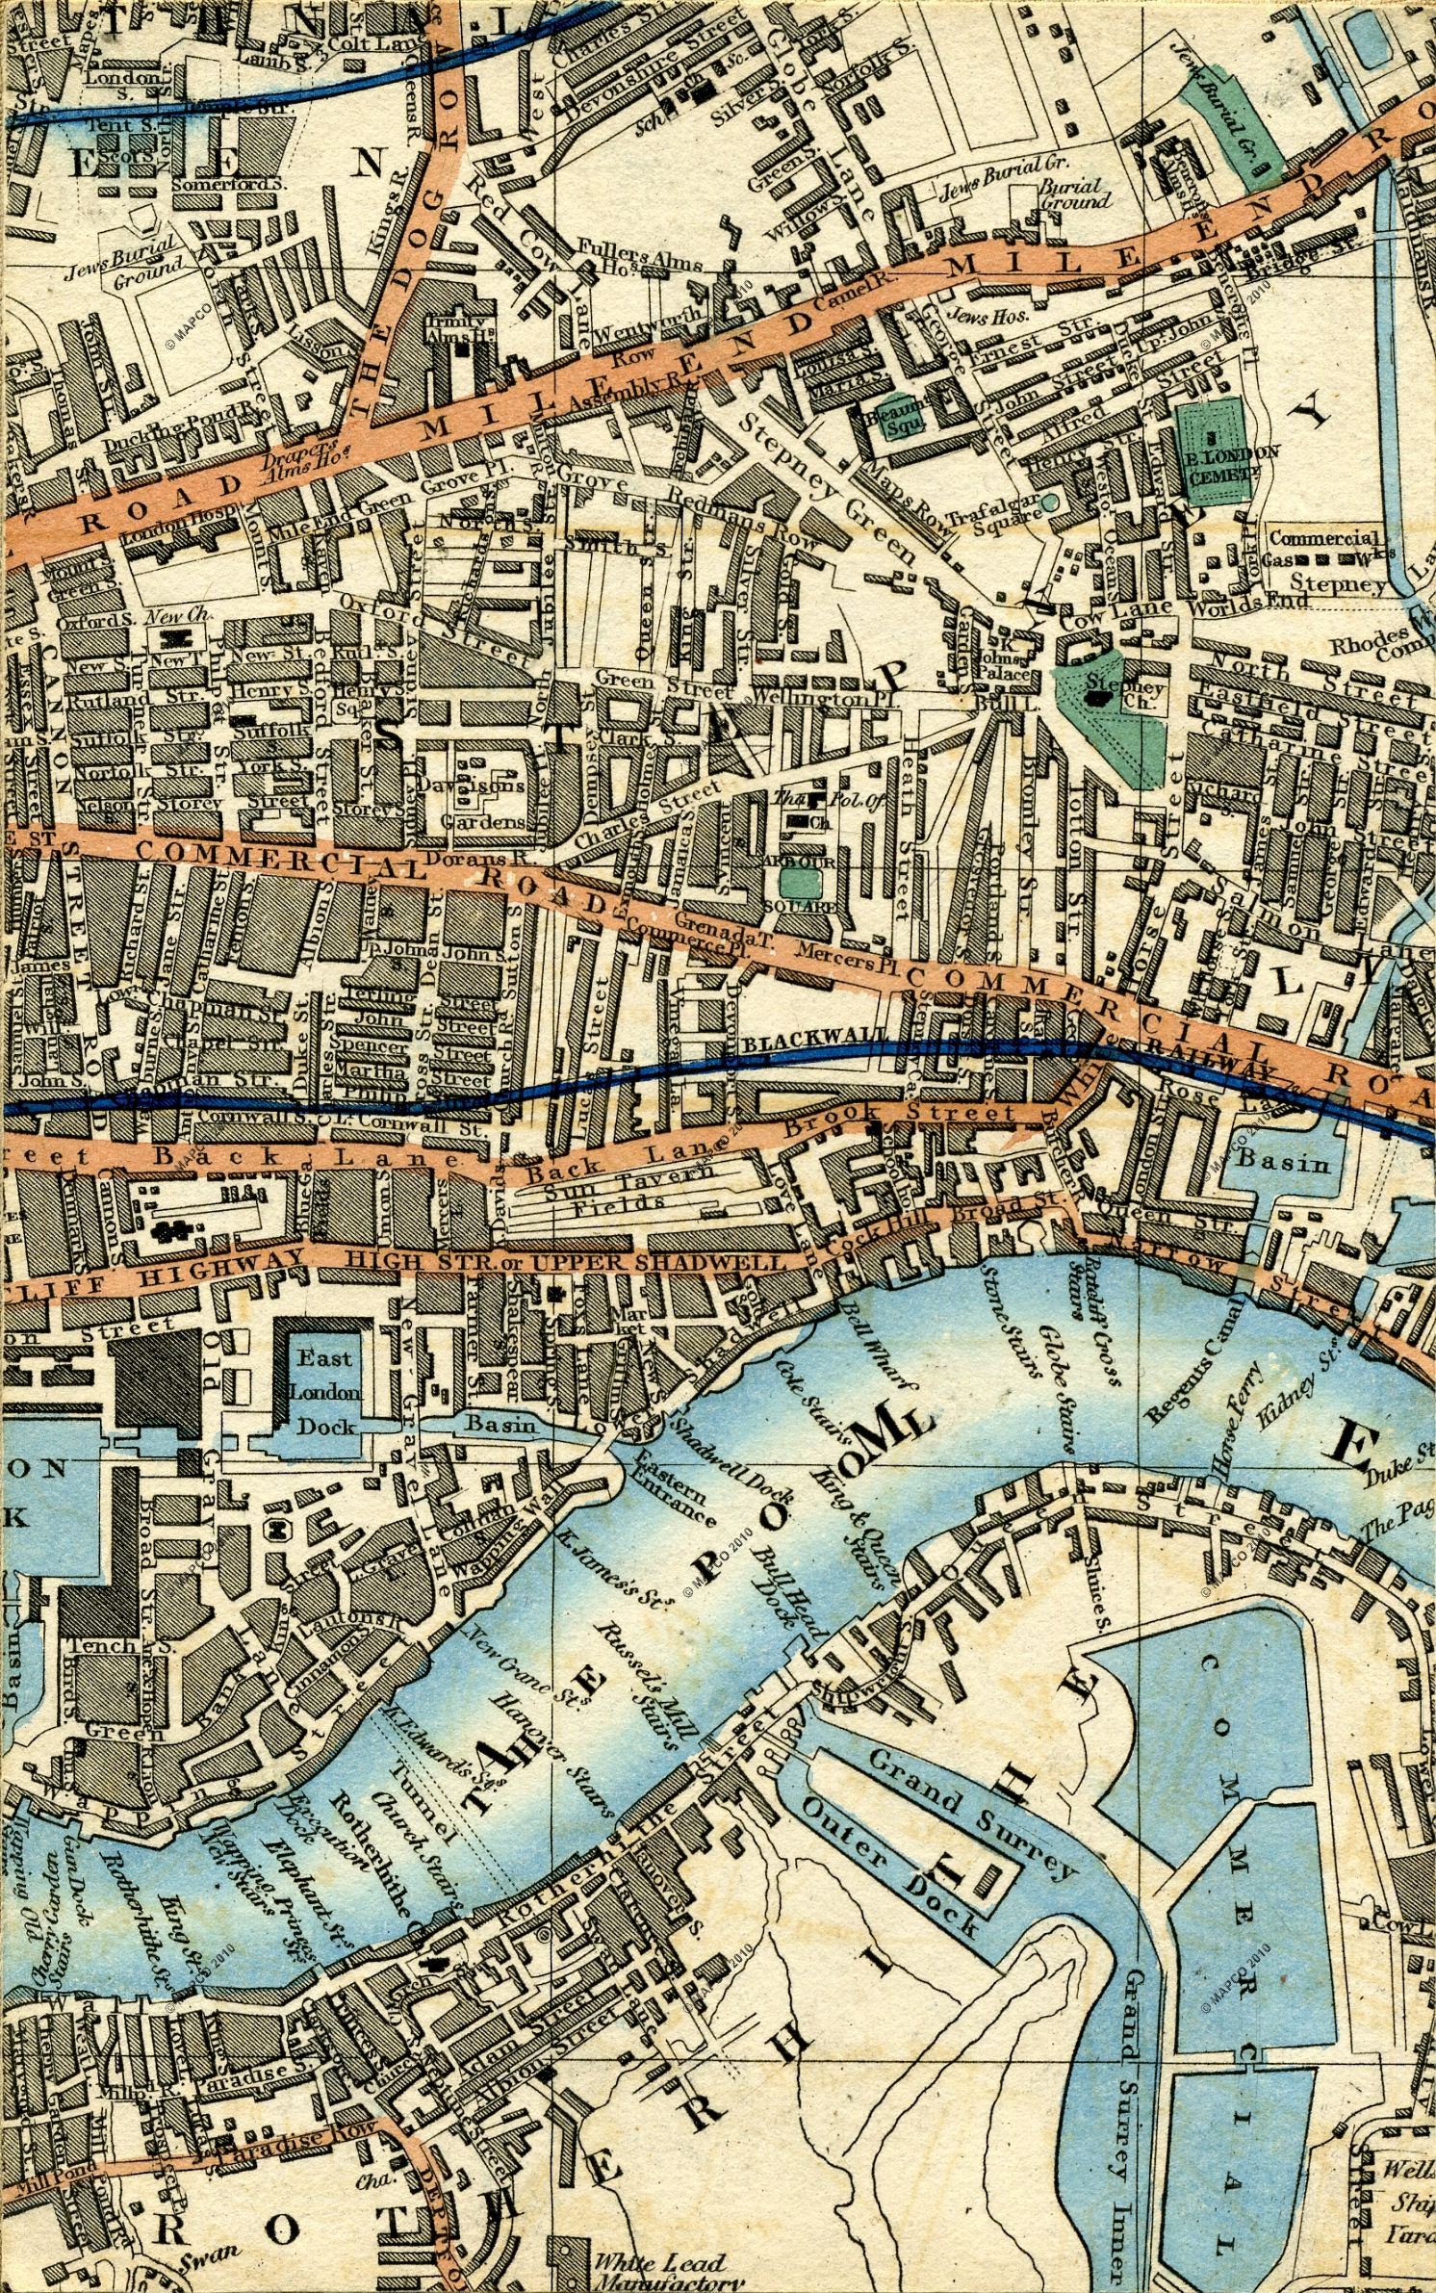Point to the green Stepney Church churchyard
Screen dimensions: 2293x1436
pos(1115,712)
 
